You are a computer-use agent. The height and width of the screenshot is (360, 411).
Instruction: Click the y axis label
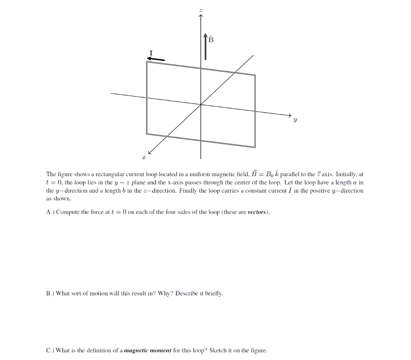pyautogui.click(x=295, y=120)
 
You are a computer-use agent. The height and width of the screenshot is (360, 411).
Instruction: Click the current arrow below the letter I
pyautogui.click(x=156, y=59)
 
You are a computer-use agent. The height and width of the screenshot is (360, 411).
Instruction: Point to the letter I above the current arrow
pyautogui.click(x=151, y=53)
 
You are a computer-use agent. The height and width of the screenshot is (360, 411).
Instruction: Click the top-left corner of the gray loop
pyautogui.click(x=147, y=62)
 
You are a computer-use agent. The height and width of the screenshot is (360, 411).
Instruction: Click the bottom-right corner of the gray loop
pyautogui.click(x=255, y=147)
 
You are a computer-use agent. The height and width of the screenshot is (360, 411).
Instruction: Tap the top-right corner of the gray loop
pyautogui.click(x=255, y=75)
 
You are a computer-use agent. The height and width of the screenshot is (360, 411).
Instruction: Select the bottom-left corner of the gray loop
pyautogui.click(x=147, y=133)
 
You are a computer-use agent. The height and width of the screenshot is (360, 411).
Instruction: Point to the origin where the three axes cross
pyautogui.click(x=201, y=104)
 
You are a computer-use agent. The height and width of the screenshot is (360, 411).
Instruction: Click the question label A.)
pyautogui.click(x=51, y=212)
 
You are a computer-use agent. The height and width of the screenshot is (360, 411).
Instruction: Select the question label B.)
pyautogui.click(x=51, y=293)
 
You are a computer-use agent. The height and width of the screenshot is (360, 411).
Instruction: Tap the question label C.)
pyautogui.click(x=51, y=350)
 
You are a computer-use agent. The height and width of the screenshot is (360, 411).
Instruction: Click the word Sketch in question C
pyautogui.click(x=218, y=350)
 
